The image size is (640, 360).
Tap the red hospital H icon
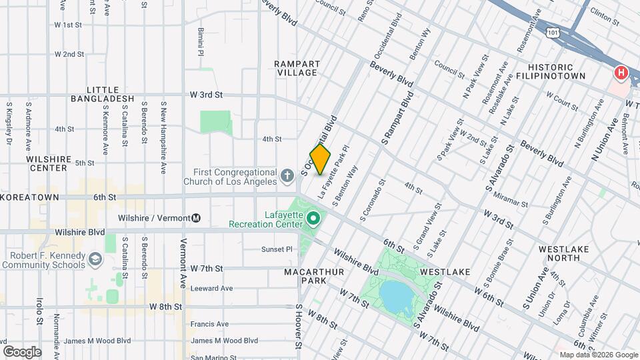click(621, 73)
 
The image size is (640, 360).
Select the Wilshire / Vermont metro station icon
click(197, 217)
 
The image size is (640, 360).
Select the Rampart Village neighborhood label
click(297, 68)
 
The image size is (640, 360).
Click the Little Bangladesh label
click(103, 94)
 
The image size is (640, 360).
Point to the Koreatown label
click(31, 197)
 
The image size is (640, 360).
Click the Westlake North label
click(564, 254)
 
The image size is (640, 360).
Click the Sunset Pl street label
click(277, 249)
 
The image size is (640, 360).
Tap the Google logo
click(22, 351)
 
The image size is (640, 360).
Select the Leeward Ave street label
click(211, 288)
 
